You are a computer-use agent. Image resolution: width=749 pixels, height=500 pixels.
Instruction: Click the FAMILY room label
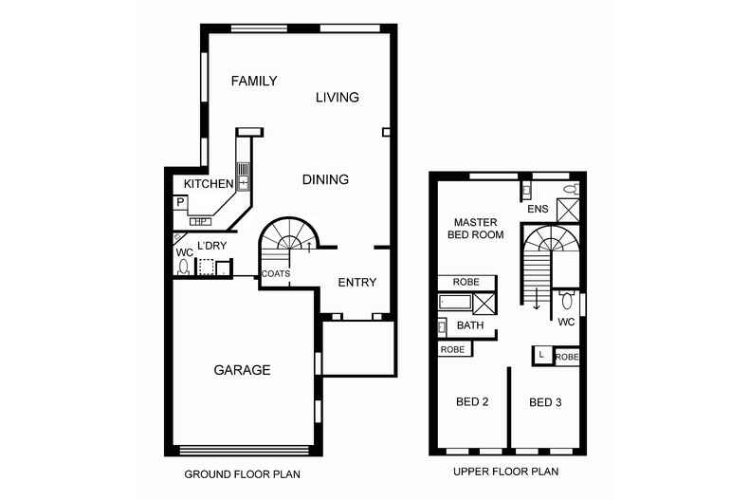coord(254,81)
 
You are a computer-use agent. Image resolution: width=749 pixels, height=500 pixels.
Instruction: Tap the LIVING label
coord(338,98)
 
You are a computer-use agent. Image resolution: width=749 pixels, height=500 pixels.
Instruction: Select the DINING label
coord(326,179)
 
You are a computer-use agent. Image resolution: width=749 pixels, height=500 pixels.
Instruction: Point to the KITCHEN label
coord(209,183)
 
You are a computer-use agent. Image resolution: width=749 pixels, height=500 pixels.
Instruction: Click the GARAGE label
coord(242,370)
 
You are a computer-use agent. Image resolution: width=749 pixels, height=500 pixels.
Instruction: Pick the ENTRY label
coord(357,283)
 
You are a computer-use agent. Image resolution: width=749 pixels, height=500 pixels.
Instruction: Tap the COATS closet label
coord(276,274)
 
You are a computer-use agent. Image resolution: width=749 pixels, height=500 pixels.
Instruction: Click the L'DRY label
coord(212,246)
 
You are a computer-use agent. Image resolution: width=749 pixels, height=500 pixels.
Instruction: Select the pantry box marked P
coord(180,203)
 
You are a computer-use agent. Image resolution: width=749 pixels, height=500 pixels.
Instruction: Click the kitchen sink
coord(243,176)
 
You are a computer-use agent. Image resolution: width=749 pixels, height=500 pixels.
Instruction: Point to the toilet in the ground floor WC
coord(183,267)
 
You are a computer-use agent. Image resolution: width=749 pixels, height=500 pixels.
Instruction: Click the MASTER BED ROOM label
coord(476,229)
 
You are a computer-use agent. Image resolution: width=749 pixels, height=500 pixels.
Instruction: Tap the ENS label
coord(538,209)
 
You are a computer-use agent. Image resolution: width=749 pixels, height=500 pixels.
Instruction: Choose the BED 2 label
coord(472,401)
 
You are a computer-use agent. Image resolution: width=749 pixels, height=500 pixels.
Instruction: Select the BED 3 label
coord(545,402)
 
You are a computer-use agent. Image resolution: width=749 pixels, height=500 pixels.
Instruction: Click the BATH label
coord(470,325)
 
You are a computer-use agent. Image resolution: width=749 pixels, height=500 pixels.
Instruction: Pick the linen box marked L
coord(542,355)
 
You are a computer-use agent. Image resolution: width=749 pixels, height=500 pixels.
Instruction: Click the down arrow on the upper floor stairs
coord(537,298)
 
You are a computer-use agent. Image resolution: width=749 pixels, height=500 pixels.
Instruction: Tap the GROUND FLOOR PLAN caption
coord(242,474)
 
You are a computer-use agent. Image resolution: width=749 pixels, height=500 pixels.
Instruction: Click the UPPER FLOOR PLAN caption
coord(506,472)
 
